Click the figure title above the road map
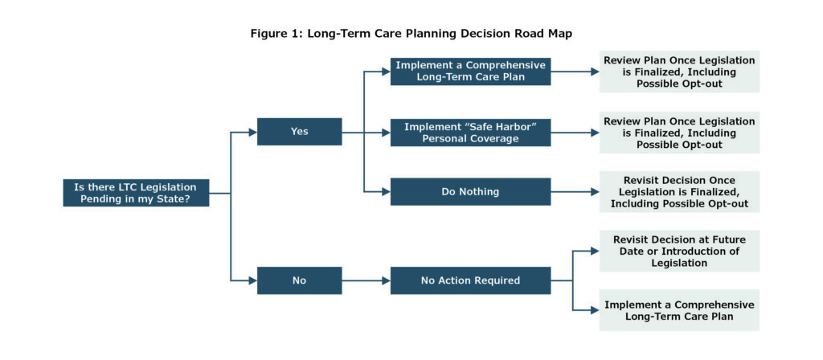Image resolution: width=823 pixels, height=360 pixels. tap(411, 34)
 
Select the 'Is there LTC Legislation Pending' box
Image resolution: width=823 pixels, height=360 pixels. tap(136, 193)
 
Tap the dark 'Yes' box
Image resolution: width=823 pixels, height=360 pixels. tap(299, 132)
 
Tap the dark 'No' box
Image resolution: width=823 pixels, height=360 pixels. tap(299, 280)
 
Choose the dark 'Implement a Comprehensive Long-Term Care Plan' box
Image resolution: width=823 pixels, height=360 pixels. tap(470, 72)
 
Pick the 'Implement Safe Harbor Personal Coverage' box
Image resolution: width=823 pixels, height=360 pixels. tap(470, 133)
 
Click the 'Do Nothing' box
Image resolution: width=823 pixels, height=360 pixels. tap(470, 191)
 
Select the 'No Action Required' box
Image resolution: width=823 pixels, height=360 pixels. tap(470, 280)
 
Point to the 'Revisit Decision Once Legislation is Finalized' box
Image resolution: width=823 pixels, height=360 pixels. tap(679, 191)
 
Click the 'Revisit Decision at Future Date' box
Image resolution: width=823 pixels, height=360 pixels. tap(679, 251)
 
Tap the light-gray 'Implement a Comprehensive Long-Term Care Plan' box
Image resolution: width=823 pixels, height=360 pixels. tap(679, 310)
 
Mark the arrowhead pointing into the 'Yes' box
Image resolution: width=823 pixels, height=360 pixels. tap(253, 133)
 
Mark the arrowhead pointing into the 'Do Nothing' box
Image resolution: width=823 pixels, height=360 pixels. tap(387, 192)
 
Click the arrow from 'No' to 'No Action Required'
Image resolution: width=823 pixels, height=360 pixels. tap(366, 280)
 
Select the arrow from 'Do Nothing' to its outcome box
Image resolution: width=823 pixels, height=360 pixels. tap(575, 192)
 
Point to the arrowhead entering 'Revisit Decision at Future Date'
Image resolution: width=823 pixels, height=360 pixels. tap(596, 251)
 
